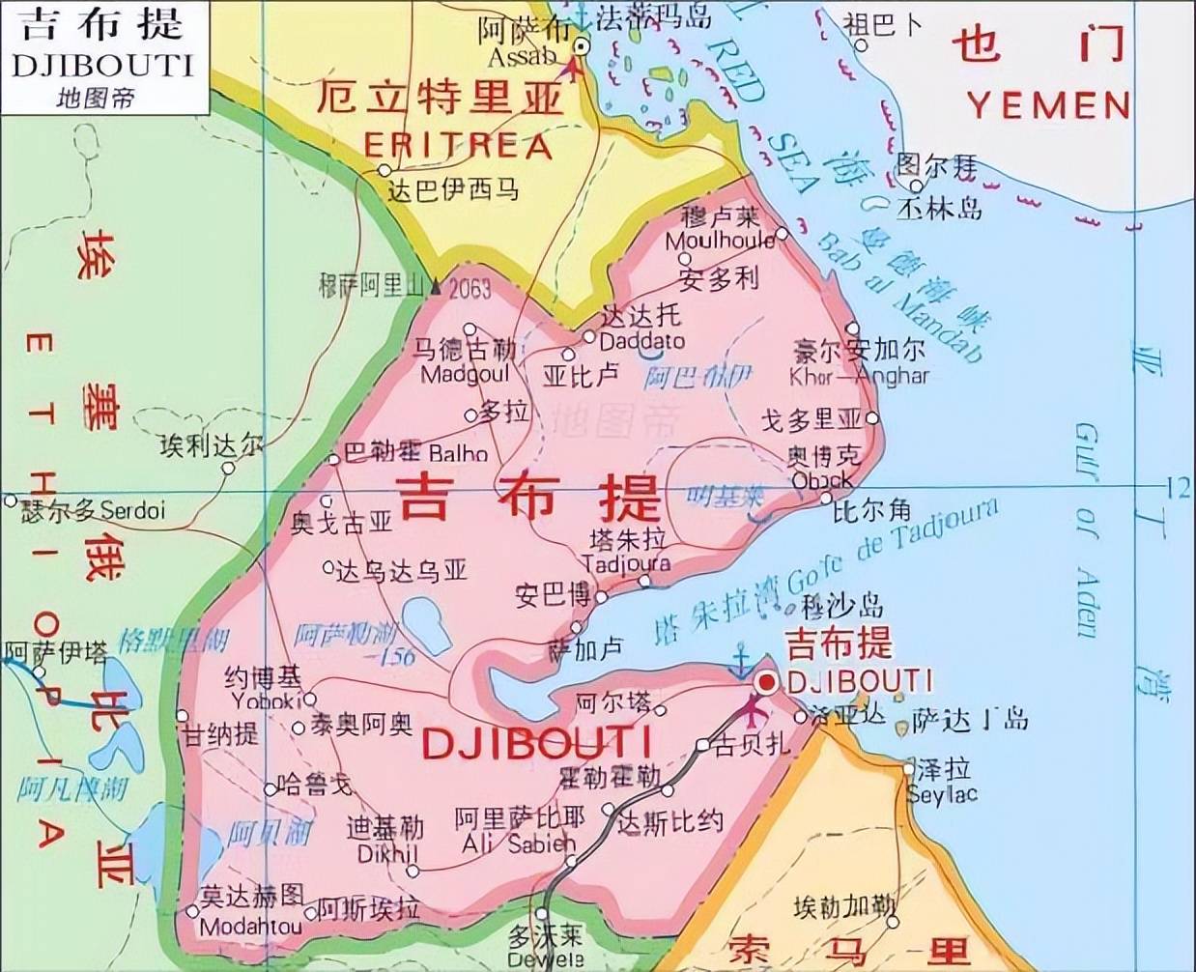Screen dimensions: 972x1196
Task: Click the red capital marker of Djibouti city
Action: tap(767, 683)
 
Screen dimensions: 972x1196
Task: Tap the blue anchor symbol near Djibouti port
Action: tap(740, 664)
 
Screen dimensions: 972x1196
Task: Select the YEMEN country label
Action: tap(1049, 104)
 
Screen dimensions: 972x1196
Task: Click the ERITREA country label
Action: tap(457, 146)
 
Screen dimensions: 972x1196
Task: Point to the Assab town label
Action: tap(522, 57)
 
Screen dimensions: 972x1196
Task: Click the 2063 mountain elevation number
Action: tap(469, 288)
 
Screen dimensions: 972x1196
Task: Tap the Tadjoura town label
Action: tap(626, 562)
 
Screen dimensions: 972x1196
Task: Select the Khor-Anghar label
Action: tap(859, 376)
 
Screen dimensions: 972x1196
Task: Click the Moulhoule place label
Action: tap(720, 240)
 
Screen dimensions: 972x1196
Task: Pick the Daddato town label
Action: tap(641, 341)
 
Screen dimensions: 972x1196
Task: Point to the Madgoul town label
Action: tap(465, 374)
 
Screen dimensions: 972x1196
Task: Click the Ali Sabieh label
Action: tap(519, 843)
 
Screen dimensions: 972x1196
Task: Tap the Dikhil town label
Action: tap(387, 854)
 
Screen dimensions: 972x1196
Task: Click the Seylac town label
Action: tap(942, 794)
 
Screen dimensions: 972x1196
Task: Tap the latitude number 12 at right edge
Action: tap(1178, 489)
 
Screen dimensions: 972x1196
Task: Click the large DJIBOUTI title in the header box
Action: tap(103, 65)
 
